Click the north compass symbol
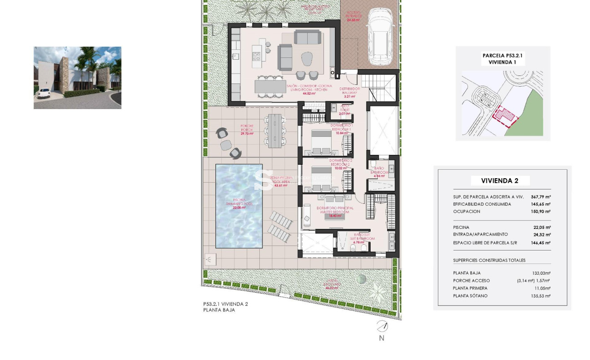pos(382,326)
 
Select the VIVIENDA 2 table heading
pos(499,181)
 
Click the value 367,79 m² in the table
pos(540,197)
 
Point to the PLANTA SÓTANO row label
pos(470,296)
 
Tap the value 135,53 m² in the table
pos(540,296)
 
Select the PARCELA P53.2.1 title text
pos(503,56)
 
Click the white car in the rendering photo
pos(44,93)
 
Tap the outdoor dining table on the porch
pos(274,131)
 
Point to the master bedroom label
pos(335,210)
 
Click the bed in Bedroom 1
pos(321,142)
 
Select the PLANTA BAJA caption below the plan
pos(219,310)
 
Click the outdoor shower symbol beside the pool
pos(210,259)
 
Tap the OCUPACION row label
pos(466,211)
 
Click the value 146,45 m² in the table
pos(540,243)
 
